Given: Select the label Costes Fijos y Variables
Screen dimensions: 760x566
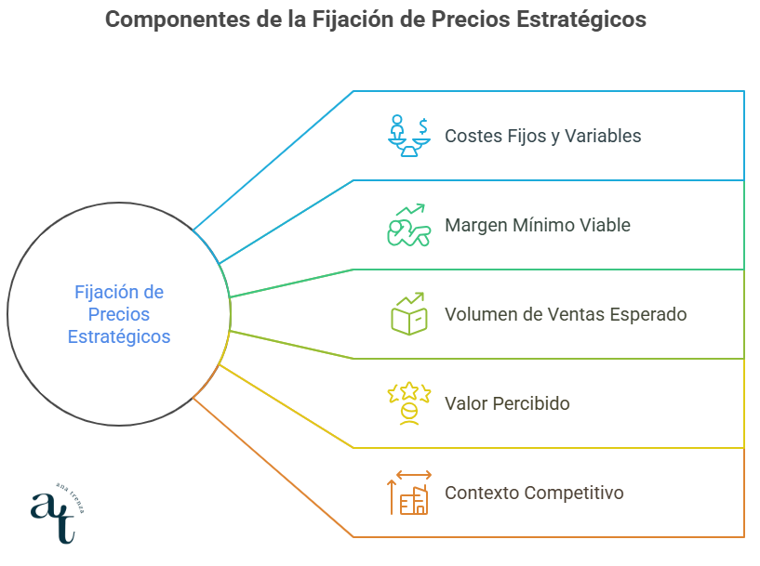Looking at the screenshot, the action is pyautogui.click(x=543, y=136).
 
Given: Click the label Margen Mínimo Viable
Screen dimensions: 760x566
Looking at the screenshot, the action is pyautogui.click(x=538, y=225).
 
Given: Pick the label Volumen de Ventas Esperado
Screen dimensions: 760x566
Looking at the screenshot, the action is pyautogui.click(x=566, y=314).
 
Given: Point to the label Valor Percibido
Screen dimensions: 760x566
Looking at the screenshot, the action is pyautogui.click(x=507, y=403).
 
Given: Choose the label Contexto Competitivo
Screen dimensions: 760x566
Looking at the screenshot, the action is pyautogui.click(x=534, y=493).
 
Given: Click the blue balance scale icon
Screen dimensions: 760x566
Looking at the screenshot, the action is pyautogui.click(x=409, y=136).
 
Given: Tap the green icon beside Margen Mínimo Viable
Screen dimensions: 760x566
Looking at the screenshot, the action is pyautogui.click(x=409, y=225).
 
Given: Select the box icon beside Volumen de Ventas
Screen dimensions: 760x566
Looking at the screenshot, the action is pyautogui.click(x=409, y=314).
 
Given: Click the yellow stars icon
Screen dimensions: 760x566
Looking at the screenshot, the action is pyautogui.click(x=409, y=403).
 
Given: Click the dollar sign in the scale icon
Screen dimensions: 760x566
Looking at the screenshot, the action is pyautogui.click(x=423, y=126).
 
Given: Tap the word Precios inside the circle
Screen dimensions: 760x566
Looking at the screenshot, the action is pyautogui.click(x=119, y=314).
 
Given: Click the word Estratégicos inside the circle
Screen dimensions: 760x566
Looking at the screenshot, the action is pyautogui.click(x=119, y=336).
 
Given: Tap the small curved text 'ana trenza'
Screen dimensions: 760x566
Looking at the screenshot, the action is pyautogui.click(x=72, y=497).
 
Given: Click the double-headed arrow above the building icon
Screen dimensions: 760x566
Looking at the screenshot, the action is pyautogui.click(x=413, y=475).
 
